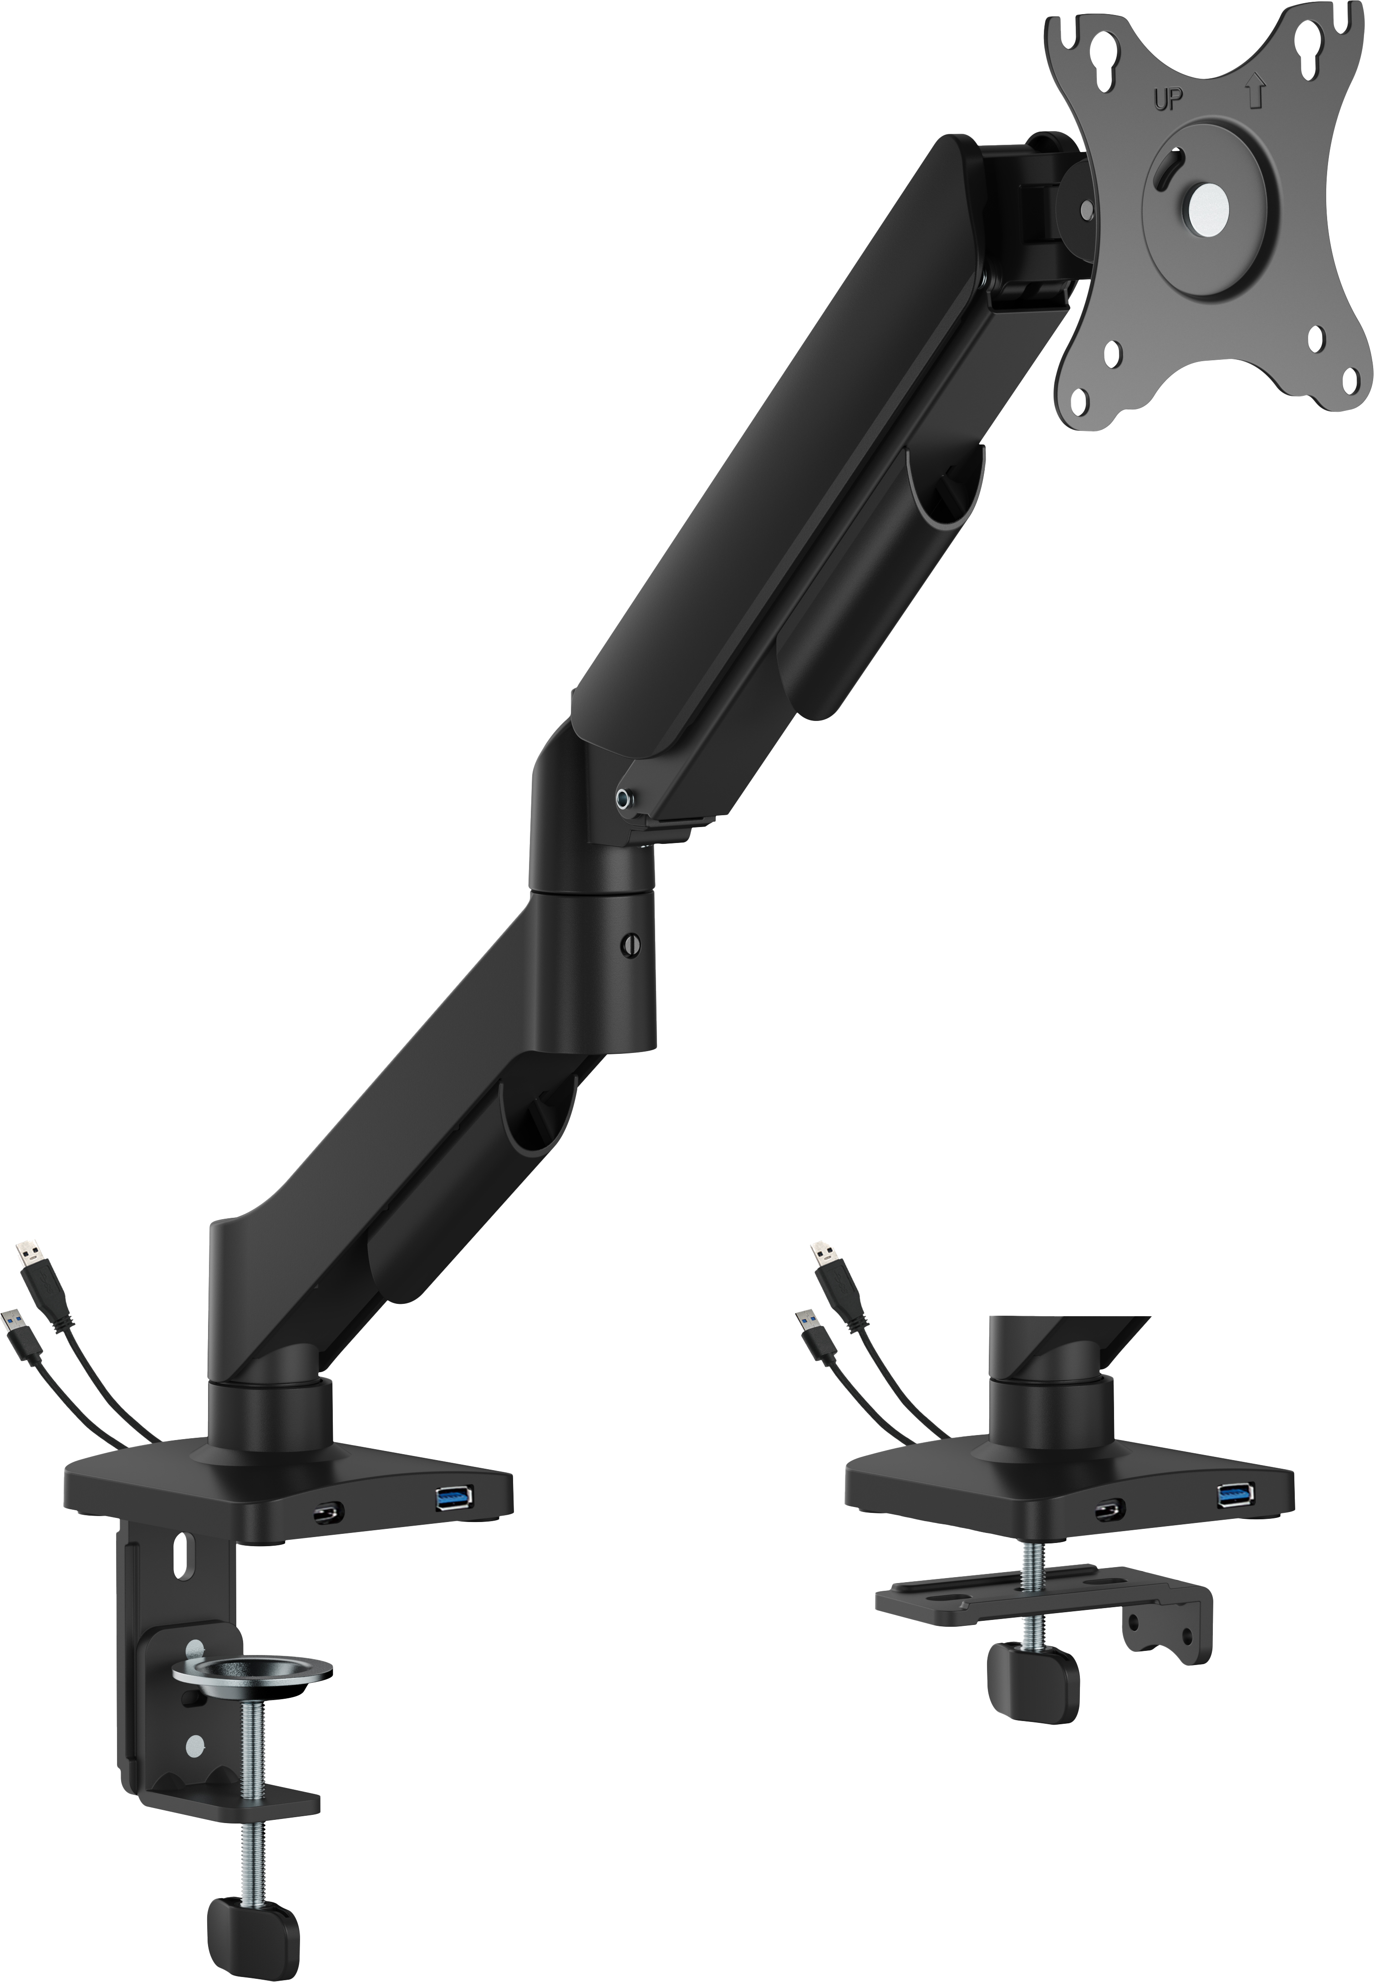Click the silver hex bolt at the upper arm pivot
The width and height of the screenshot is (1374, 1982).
tap(623, 799)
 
